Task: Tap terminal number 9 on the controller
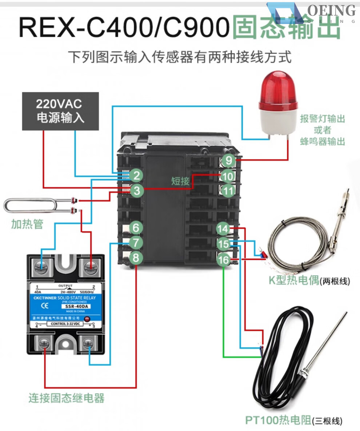pos(228,160)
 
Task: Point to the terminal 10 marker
pos(228,176)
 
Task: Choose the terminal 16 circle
pos(223,260)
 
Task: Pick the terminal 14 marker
pos(223,229)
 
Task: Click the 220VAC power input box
pos(60,111)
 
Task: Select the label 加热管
pos(27,224)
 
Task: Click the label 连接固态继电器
pos(67,398)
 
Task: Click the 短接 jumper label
pos(180,181)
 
